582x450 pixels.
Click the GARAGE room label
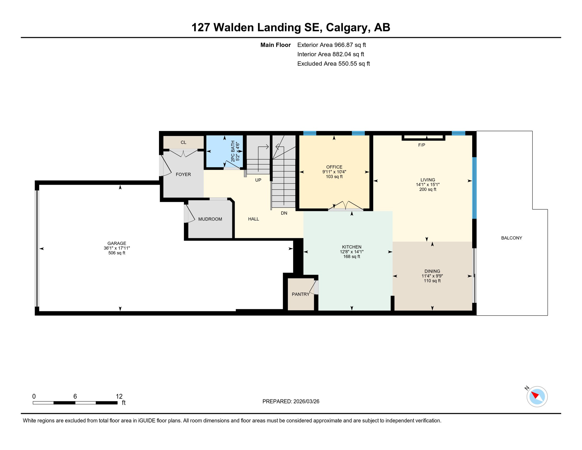tap(117, 243)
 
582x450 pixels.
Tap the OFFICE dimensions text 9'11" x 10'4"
tap(334, 172)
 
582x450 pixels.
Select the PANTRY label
tap(300, 294)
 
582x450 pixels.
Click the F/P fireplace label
tap(421, 145)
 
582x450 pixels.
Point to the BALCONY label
tap(511, 238)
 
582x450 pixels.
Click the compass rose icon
tap(537, 397)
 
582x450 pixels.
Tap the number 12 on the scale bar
tap(119, 396)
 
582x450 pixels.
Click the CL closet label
tap(183, 142)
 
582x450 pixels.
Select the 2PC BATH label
tap(233, 151)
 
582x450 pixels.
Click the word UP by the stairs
tap(258, 180)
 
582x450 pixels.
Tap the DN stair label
tap(284, 213)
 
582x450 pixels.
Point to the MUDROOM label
tap(210, 219)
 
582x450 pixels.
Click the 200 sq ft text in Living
tap(427, 190)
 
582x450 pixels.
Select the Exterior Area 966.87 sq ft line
tap(331, 45)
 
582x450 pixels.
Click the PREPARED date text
tap(290, 401)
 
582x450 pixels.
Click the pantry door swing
tap(314, 287)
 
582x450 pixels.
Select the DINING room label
tap(432, 271)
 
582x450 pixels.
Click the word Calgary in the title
tap(346, 27)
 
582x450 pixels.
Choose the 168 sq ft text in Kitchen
tap(351, 257)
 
